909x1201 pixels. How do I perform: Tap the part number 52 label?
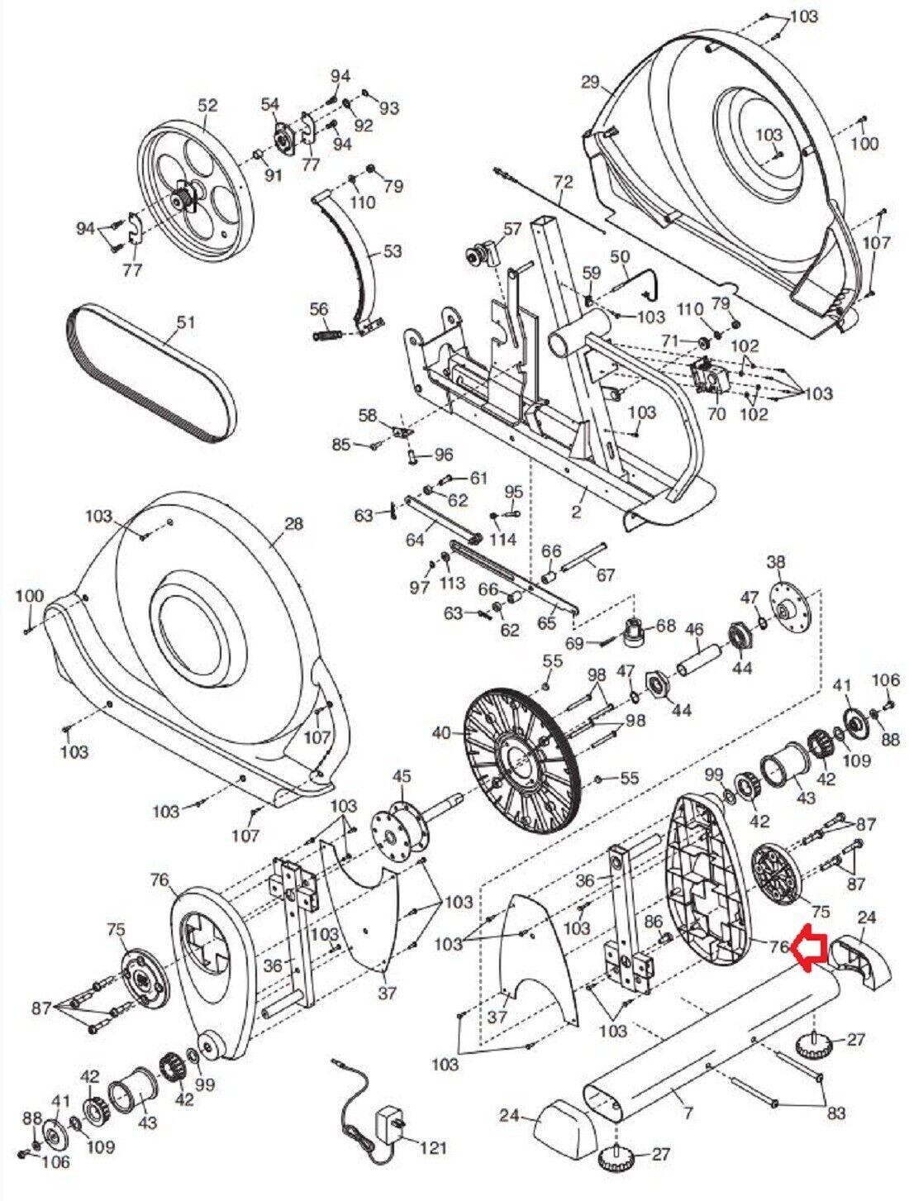click(207, 106)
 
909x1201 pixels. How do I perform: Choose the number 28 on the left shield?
click(293, 523)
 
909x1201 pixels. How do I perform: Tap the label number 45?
click(401, 776)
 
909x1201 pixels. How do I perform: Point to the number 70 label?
click(716, 413)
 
